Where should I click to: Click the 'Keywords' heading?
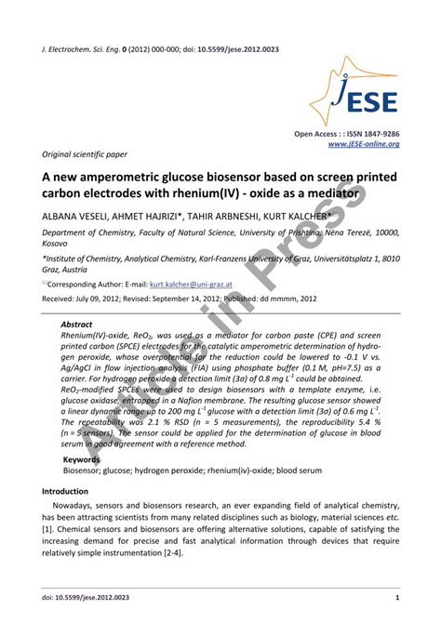(x=82, y=459)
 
